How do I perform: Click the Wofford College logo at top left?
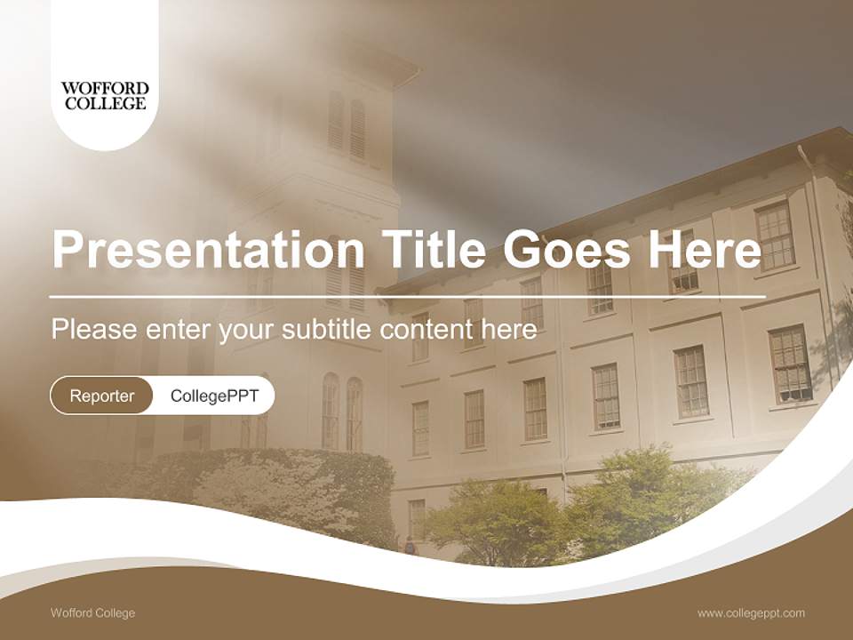[104, 95]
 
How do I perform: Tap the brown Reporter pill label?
[102, 396]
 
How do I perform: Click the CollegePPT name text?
[214, 396]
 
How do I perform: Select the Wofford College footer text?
[93, 613]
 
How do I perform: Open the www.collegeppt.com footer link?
[751, 613]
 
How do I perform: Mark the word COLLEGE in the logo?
[104, 103]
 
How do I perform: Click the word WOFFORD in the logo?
[104, 88]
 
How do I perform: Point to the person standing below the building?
[410, 545]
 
